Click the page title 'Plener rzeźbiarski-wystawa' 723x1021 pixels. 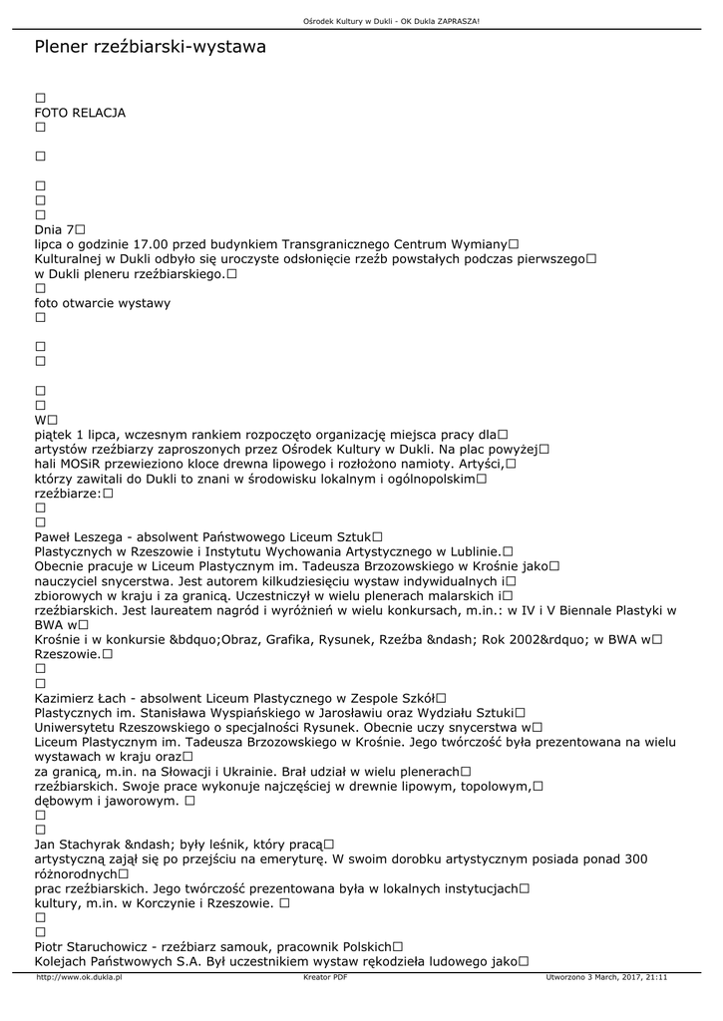pyautogui.click(x=150, y=47)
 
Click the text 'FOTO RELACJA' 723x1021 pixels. pyautogui.click(x=80, y=113)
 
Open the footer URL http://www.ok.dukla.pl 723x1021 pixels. pyautogui.click(x=79, y=978)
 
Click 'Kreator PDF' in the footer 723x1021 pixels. pyautogui.click(x=324, y=978)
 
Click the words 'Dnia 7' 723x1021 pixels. pyautogui.click(x=55, y=229)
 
